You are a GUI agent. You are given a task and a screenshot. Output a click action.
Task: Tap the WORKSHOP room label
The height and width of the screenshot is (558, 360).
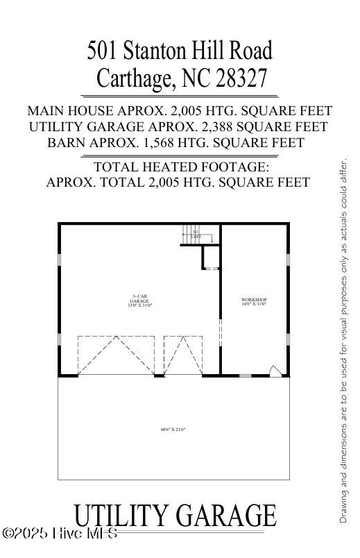[254, 301]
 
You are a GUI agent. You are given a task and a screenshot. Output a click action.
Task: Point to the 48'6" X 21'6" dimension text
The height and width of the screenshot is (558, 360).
[173, 430]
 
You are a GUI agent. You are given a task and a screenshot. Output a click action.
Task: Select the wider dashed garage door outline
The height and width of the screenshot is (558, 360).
[116, 355]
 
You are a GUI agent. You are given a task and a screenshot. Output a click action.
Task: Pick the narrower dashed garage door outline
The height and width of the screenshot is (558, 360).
[182, 355]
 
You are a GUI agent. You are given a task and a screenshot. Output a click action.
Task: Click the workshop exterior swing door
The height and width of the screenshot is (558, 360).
[275, 371]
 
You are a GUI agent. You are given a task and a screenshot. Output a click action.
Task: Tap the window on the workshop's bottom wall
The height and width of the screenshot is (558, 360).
[245, 375]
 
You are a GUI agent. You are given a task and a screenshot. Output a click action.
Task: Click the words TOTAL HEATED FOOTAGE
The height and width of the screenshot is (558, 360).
[180, 167]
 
